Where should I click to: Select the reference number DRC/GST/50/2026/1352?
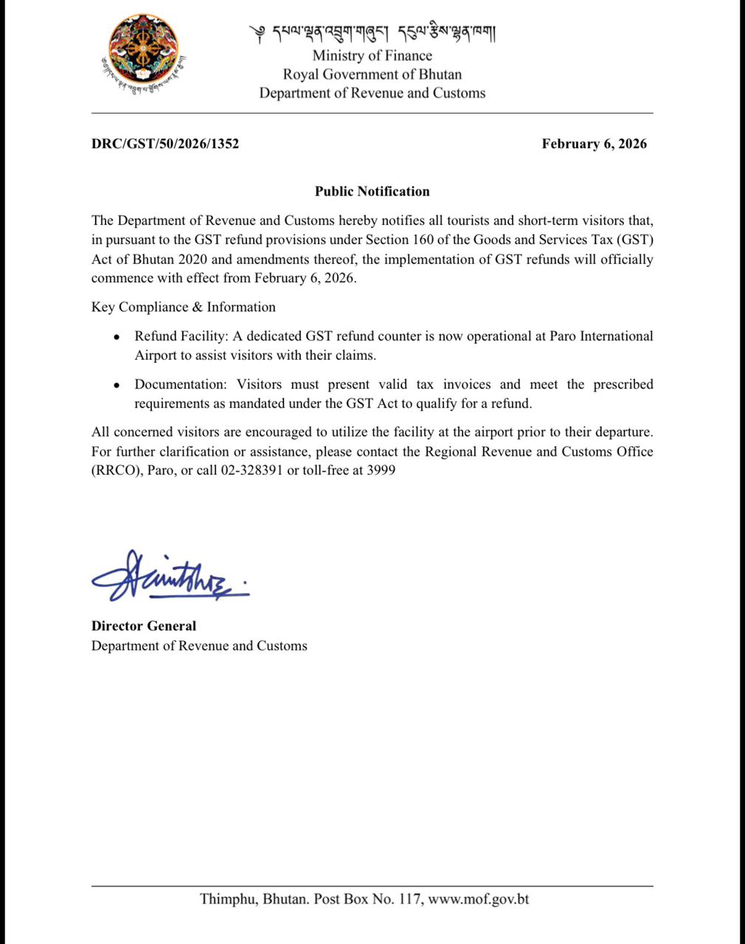(165, 144)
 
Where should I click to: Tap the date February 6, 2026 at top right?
(594, 144)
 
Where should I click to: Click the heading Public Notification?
(372, 191)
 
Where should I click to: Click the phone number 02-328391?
(252, 471)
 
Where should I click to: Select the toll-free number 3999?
(381, 471)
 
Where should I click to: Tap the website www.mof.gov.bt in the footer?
(479, 899)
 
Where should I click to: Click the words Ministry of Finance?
(372, 55)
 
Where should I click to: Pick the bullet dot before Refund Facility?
(117, 337)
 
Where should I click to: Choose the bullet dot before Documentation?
(117, 385)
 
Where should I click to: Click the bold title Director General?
(144, 626)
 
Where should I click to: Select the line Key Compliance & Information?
(184, 307)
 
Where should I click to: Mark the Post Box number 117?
(409, 899)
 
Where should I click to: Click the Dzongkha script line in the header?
(372, 33)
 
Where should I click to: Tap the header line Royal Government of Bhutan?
(372, 74)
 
